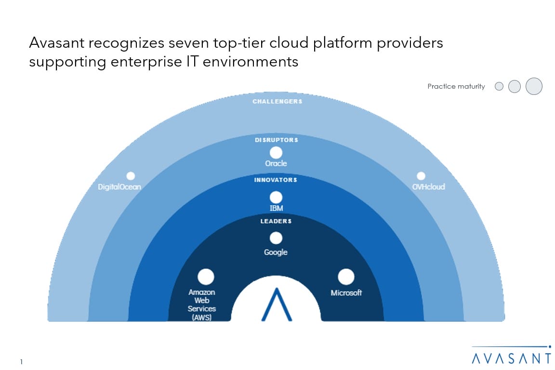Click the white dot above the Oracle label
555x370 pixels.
[x=276, y=153]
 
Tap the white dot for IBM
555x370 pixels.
[x=276, y=197]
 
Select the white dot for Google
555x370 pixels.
[x=276, y=238]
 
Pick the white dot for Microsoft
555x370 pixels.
[x=346, y=277]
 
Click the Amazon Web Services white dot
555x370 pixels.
[x=206, y=277]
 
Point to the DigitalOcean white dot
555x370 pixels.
[x=131, y=176]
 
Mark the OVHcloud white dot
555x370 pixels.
[x=421, y=176]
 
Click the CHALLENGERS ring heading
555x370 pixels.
[x=277, y=102]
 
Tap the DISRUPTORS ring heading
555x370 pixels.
[x=276, y=140]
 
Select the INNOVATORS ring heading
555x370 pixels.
[x=276, y=180]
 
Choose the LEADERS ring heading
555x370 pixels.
[x=276, y=221]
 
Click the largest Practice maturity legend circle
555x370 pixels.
[x=534, y=86]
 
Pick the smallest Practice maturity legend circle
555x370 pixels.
[x=499, y=87]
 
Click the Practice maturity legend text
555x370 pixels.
[x=456, y=87]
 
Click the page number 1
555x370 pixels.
[x=22, y=362]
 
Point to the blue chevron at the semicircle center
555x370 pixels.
[x=277, y=304]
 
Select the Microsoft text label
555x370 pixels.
[x=346, y=293]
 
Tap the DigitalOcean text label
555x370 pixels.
[x=119, y=186]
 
